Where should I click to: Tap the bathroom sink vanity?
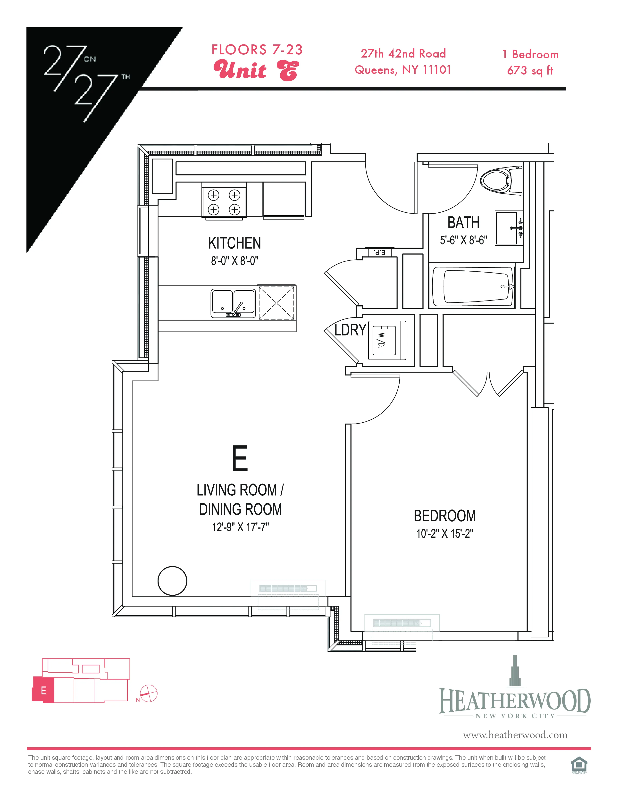(508, 228)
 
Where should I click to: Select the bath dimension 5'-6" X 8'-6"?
(463, 240)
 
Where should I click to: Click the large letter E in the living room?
(240, 459)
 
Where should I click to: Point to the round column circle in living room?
(172, 581)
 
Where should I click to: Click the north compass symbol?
(149, 693)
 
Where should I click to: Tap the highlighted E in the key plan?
(43, 691)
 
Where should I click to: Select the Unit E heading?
(256, 70)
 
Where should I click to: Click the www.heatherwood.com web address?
(515, 735)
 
